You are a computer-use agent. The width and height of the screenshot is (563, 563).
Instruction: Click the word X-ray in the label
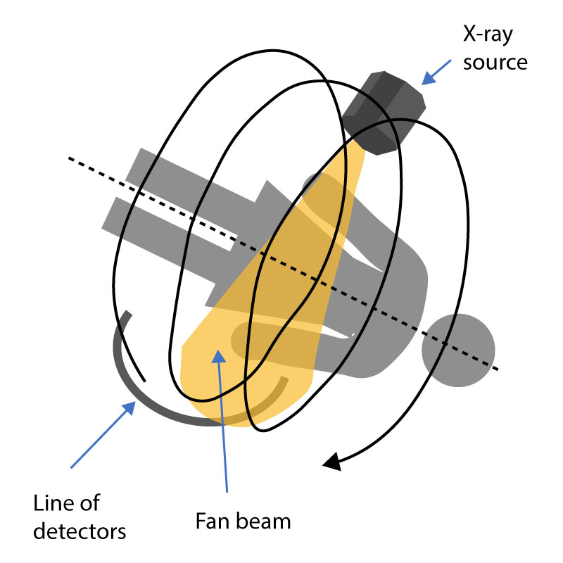tap(488, 34)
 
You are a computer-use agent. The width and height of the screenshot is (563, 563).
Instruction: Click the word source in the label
tap(495, 63)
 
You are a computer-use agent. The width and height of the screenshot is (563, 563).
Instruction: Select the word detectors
tap(80, 531)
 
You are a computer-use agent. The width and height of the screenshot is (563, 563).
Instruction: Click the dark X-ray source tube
tap(384, 113)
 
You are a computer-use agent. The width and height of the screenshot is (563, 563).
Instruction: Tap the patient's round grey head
tap(458, 350)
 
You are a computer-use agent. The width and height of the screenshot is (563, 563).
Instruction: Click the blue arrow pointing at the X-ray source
tap(436, 72)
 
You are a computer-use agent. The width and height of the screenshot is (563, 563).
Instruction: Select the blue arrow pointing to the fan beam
tap(222, 420)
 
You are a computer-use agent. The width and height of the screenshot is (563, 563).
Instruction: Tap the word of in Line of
tap(90, 503)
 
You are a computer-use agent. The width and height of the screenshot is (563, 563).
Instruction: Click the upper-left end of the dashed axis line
tap(69, 158)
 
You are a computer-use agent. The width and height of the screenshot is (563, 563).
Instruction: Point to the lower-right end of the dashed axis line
tap(498, 369)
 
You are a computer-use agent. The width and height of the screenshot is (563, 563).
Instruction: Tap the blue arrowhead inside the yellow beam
tap(219, 357)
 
